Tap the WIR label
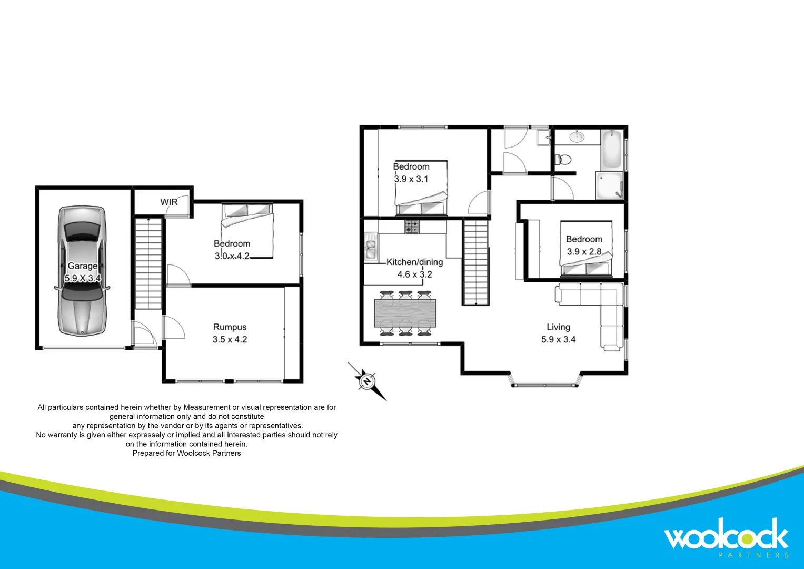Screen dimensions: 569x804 tap(169, 202)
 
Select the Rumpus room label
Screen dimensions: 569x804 tap(230, 327)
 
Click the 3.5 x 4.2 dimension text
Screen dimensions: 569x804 tap(230, 339)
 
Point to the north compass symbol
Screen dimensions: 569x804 tap(367, 380)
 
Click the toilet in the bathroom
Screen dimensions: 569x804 tap(564, 159)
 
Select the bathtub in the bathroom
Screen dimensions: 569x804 tap(612, 149)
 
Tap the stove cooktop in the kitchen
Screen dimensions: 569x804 tap(412, 227)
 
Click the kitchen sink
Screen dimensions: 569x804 tap(371, 247)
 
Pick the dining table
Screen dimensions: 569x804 tap(405, 313)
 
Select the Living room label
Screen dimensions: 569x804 tap(558, 327)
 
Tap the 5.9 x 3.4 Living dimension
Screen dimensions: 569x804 tap(558, 340)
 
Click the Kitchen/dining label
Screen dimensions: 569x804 tap(414, 262)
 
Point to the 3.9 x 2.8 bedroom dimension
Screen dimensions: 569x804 tap(584, 252)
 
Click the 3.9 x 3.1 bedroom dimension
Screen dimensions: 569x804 tap(411, 179)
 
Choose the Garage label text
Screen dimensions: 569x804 tap(82, 266)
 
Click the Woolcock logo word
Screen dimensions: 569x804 tap(726, 536)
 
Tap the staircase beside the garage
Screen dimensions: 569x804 tap(148, 263)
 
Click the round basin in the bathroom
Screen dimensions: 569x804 tap(578, 137)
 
